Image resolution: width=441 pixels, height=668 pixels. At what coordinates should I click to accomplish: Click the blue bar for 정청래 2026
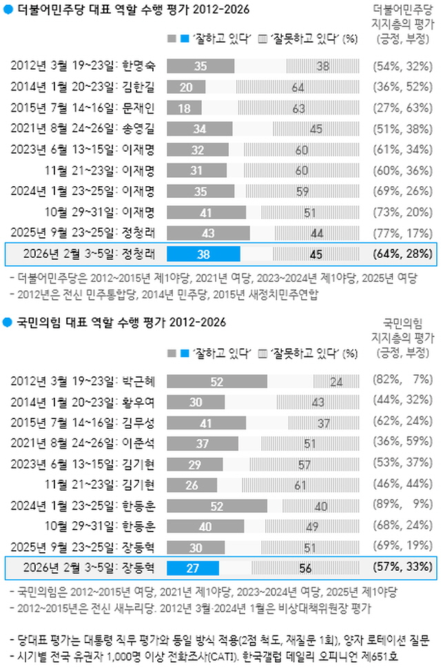click(x=203, y=254)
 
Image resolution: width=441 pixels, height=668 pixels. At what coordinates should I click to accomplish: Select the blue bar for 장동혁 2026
click(x=193, y=568)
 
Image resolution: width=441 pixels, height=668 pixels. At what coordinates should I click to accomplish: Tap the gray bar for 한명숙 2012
click(x=201, y=66)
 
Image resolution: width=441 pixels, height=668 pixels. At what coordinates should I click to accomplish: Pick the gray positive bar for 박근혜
click(x=217, y=381)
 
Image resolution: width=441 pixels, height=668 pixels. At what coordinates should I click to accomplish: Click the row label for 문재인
click(x=83, y=108)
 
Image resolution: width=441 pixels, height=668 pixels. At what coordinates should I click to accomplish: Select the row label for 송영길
click(x=83, y=129)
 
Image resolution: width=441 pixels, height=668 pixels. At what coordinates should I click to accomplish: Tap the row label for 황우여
click(x=83, y=402)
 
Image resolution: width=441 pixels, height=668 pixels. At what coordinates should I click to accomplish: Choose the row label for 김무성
click(x=83, y=423)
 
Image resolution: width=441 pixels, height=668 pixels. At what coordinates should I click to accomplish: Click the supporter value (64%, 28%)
click(x=403, y=254)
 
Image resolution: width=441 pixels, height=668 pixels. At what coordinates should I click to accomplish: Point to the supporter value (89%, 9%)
click(x=403, y=506)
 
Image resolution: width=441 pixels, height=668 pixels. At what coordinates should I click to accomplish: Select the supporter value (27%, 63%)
click(x=403, y=108)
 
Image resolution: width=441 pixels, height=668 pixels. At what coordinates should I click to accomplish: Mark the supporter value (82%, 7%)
click(x=403, y=381)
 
